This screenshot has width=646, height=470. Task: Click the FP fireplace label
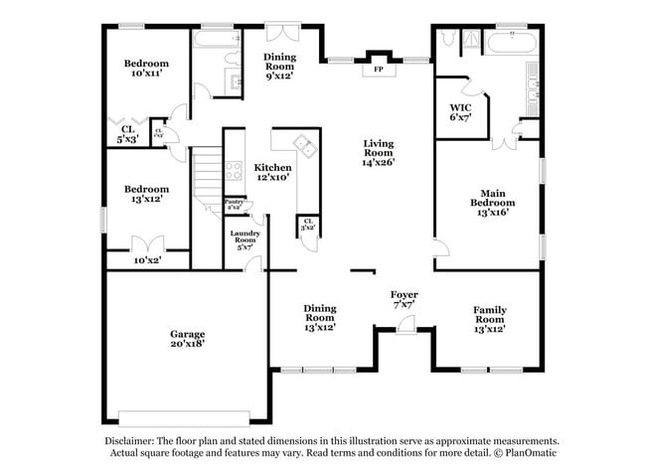[x=378, y=70]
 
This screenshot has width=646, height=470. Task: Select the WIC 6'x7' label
[x=459, y=112]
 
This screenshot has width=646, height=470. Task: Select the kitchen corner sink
[x=309, y=150]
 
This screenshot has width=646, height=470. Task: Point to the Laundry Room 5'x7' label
[x=246, y=239]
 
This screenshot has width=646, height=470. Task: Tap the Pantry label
[x=234, y=205]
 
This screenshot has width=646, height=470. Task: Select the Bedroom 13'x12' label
[x=145, y=194]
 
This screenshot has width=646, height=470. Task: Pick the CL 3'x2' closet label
[x=308, y=225]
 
